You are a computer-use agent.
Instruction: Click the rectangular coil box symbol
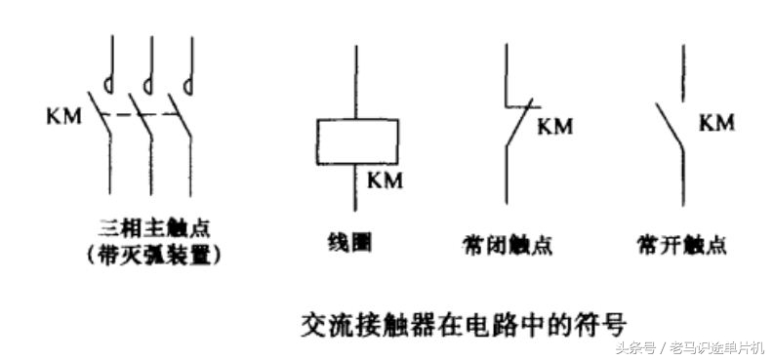point(356,140)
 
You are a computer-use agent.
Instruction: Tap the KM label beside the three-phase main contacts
point(63,115)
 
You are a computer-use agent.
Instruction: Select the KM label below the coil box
point(386,180)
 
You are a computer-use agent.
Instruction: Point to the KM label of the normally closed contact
point(555,127)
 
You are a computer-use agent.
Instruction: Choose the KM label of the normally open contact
point(717,122)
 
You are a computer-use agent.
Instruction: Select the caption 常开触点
point(680,245)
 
